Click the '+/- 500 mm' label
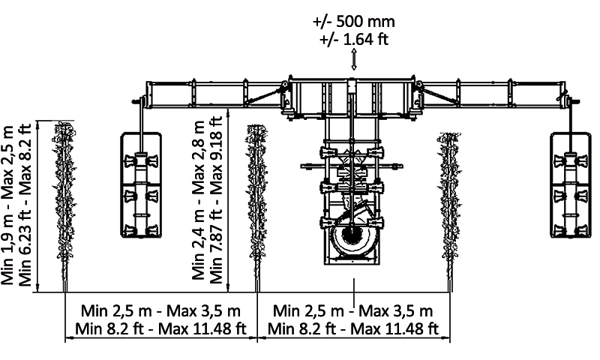coord(353,21)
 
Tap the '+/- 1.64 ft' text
coord(354,39)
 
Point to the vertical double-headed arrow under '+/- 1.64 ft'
coord(354,59)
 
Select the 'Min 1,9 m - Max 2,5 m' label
coord(7,205)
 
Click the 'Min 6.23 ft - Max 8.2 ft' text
coord(25,205)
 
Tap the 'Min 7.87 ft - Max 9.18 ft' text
coord(216,199)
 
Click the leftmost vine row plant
coord(64,206)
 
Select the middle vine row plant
coord(257,208)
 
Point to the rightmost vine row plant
coord(449,211)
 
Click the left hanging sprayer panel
coord(141,184)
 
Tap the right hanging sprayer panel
coord(571,184)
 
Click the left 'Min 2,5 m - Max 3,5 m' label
coord(160,310)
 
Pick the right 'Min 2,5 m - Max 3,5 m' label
coord(352,310)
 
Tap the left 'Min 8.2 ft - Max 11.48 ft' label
coord(160,328)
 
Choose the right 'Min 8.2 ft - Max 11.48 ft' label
coord(352,328)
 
